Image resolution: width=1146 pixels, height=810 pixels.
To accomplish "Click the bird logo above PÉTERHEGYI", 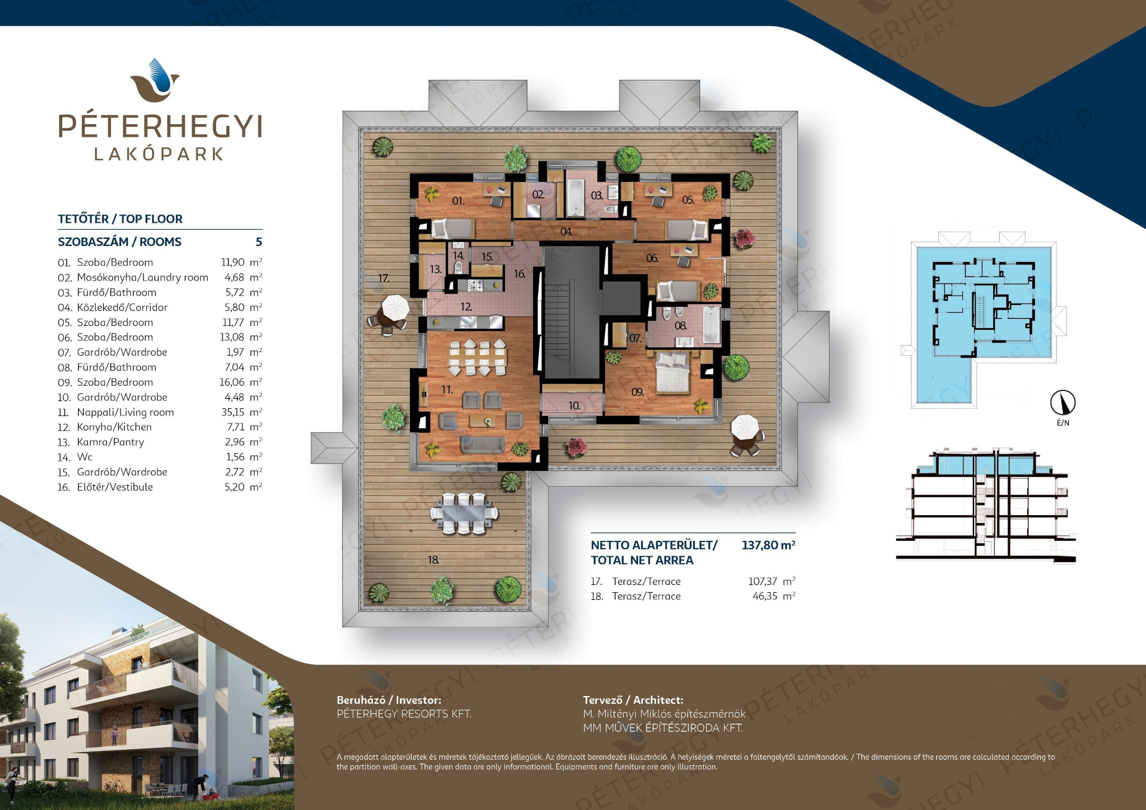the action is click(x=155, y=81).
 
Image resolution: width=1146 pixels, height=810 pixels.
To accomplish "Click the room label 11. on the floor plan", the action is click(x=447, y=390).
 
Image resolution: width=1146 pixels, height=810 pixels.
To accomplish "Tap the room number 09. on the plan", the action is click(x=637, y=392).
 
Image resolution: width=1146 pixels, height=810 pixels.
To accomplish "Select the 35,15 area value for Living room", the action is click(x=233, y=412).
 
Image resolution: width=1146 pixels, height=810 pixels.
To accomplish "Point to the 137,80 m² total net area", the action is click(x=768, y=545).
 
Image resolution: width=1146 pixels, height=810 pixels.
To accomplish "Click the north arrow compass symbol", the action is click(x=1062, y=402).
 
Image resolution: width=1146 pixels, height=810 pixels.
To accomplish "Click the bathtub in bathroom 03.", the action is click(x=575, y=198).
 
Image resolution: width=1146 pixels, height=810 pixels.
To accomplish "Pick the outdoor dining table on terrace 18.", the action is click(x=464, y=513).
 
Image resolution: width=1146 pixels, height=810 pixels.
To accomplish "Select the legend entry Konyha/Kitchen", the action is click(x=114, y=427).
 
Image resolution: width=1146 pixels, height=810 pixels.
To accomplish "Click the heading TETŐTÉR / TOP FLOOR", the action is click(x=120, y=219).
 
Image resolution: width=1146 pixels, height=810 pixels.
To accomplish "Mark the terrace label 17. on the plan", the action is click(x=384, y=278).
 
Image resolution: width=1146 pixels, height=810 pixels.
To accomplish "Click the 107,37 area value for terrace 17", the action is click(x=763, y=581).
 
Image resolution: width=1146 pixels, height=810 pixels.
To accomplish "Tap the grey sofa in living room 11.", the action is click(x=482, y=445).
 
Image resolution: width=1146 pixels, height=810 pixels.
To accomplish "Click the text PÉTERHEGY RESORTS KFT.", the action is click(x=404, y=714).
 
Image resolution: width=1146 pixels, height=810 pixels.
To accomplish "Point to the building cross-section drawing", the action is click(x=986, y=505).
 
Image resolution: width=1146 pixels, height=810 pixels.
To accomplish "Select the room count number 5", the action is click(x=258, y=242).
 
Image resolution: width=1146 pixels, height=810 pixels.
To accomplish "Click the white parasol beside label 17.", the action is click(x=395, y=308).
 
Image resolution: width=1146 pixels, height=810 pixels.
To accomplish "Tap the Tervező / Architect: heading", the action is click(x=633, y=700).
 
